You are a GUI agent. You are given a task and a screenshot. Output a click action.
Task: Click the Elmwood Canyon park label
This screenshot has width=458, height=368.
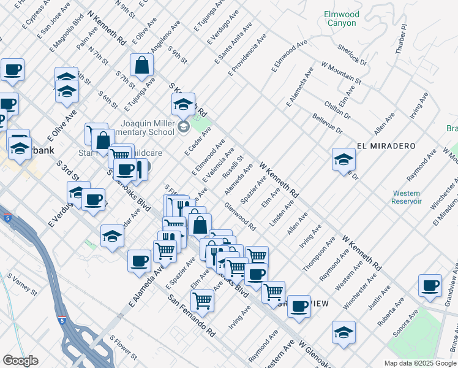point(341,18)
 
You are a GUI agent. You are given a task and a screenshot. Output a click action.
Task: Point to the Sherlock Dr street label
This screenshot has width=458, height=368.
point(352,54)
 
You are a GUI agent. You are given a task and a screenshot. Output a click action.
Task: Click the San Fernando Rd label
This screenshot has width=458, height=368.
point(192,315)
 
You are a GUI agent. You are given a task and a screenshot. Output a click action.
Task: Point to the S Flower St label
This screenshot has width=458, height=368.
point(123,347)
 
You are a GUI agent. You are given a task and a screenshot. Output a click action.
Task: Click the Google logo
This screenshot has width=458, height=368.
point(20,361)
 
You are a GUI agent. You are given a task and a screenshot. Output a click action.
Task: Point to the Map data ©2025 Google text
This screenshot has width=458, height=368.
point(419,363)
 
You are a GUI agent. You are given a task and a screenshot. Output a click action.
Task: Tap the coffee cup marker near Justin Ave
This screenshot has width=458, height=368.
point(430,285)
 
